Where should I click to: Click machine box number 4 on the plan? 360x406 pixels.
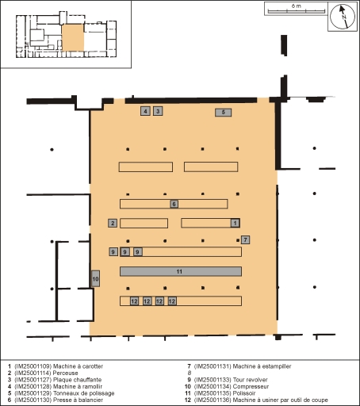pyautogui.click(x=145, y=111)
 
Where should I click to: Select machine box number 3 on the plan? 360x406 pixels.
pyautogui.click(x=158, y=111)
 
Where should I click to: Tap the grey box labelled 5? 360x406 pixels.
pyautogui.click(x=223, y=113)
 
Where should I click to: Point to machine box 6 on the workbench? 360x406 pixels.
pyautogui.click(x=174, y=204)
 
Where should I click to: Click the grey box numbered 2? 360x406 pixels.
pyautogui.click(x=113, y=223)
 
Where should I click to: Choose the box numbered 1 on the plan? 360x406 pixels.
pyautogui.click(x=235, y=223)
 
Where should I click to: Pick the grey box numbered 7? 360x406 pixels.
pyautogui.click(x=245, y=239)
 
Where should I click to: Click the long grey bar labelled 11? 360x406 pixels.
pyautogui.click(x=181, y=271)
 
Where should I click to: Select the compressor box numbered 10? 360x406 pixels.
pyautogui.click(x=95, y=278)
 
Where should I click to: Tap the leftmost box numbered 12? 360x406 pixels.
pyautogui.click(x=134, y=301)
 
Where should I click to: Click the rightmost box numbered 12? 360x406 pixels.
pyautogui.click(x=172, y=301)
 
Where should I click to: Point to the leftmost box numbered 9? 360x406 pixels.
pyautogui.click(x=113, y=251)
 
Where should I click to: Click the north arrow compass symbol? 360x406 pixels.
pyautogui.click(x=343, y=17)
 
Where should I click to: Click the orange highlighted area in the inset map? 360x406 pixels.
pyautogui.click(x=73, y=37)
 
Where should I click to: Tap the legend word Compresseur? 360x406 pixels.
pyautogui.click(x=251, y=386)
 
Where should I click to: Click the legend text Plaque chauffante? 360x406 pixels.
pyautogui.click(x=77, y=380)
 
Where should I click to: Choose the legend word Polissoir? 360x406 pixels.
pyautogui.click(x=244, y=393)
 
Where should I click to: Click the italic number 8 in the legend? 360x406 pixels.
pyautogui.click(x=190, y=373)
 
